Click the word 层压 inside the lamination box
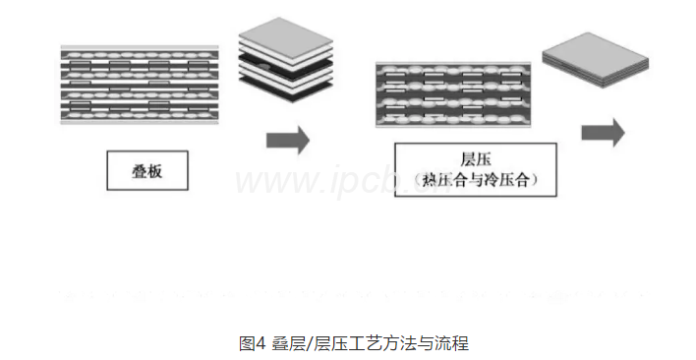(475, 159)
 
